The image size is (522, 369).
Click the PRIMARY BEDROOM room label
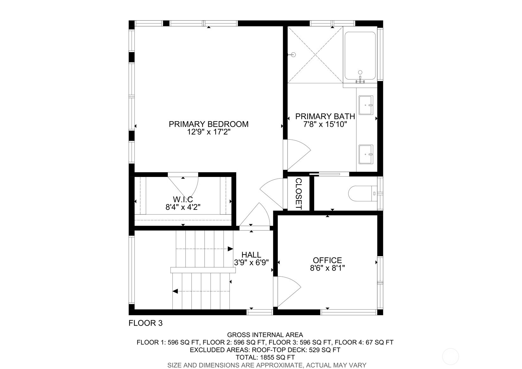[208, 124]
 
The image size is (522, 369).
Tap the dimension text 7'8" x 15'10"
[325, 125]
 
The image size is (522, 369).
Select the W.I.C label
[183, 199]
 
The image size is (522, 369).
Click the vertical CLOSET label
[298, 194]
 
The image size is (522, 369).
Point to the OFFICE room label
[327, 260]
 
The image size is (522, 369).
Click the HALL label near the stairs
[251, 255]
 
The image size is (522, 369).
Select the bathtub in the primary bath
[360, 56]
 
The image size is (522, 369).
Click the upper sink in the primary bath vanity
[366, 105]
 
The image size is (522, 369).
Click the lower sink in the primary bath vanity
[366, 154]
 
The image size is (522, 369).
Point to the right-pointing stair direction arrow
[230, 249]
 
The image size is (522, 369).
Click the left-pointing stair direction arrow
[175, 291]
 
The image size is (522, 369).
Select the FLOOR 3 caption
[145, 323]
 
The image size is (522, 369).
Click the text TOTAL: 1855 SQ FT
[265, 357]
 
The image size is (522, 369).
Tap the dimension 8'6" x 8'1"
[327, 268]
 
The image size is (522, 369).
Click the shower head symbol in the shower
[293, 55]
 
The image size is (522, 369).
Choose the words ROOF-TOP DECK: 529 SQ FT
[296, 350]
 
